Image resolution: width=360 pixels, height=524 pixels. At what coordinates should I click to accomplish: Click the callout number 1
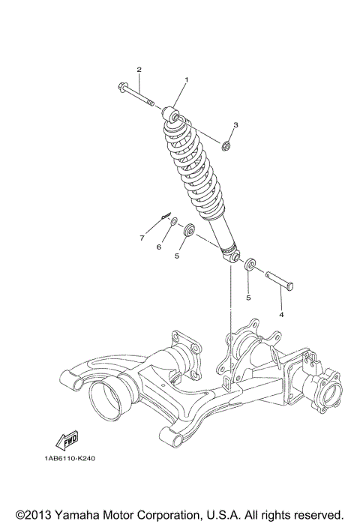[187, 80]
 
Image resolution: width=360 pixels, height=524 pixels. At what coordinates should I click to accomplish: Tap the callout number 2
[139, 70]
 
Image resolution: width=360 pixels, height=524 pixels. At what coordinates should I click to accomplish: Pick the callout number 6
[159, 247]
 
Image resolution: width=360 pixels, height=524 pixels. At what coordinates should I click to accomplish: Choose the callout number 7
[140, 238]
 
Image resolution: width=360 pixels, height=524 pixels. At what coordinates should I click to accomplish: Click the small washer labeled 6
[173, 223]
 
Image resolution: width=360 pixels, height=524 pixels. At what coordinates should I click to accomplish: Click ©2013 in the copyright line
[34, 516]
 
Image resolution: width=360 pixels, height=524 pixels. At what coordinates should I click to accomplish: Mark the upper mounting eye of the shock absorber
[171, 114]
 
